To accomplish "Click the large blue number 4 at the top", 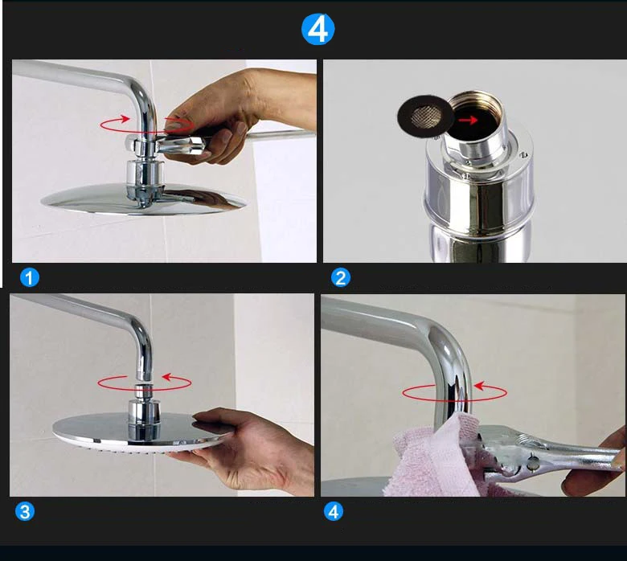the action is point(318,29).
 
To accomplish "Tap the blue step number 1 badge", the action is point(30,277).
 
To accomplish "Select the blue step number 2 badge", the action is point(341,277).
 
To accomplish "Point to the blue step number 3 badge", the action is point(25,512).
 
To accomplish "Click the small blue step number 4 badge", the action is point(334,511).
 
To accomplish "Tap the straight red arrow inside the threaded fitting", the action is point(468,120).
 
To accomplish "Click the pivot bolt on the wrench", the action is point(533,464).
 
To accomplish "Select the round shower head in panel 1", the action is point(143,199).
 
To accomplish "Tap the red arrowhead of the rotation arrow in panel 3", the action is point(166,377).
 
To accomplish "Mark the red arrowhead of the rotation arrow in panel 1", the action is point(125,118).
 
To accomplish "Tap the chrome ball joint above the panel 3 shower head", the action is point(143,392).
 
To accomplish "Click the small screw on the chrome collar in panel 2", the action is point(522,154).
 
